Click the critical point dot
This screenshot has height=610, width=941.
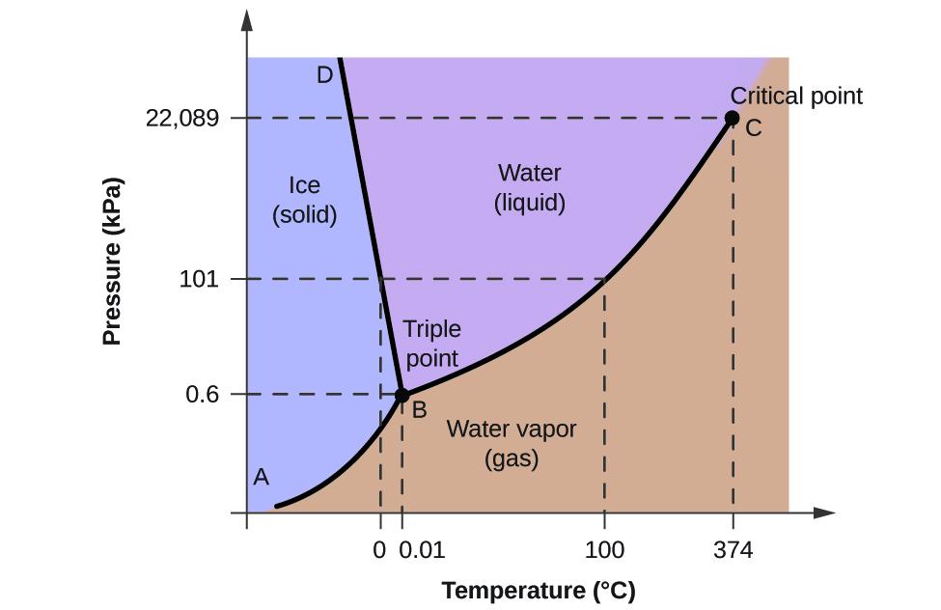click(732, 119)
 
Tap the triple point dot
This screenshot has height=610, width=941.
click(402, 395)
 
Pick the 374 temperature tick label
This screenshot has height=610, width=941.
click(733, 551)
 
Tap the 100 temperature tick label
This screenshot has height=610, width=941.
click(604, 551)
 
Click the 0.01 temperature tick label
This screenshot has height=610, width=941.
click(422, 551)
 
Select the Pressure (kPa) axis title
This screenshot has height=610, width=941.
click(113, 262)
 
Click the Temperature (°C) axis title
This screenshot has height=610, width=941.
click(539, 591)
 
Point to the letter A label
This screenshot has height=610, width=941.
click(261, 477)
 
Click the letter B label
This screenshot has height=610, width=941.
click(420, 410)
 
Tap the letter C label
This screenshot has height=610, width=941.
click(754, 128)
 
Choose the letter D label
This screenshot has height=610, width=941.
click(324, 74)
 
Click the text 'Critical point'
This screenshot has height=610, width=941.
click(796, 96)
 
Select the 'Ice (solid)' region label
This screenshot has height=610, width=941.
click(304, 199)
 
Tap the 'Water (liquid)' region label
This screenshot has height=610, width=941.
click(529, 188)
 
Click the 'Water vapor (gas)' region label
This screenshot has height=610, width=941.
click(511, 443)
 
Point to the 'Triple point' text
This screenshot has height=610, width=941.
click(431, 344)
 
